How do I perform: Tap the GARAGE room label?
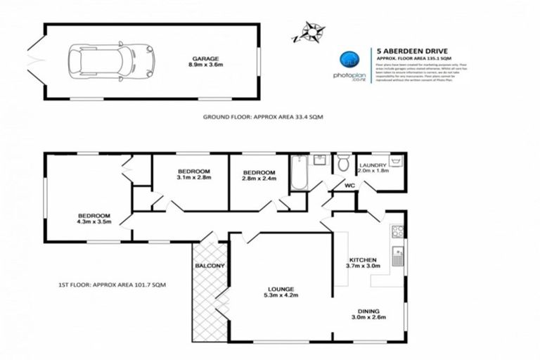tap(207, 59)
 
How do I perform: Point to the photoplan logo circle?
tap(349, 60)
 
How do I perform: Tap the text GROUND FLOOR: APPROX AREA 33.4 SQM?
tap(262, 117)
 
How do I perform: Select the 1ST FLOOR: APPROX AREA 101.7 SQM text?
tap(112, 284)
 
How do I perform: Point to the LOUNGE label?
tap(280, 289)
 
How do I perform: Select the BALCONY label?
tap(209, 266)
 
